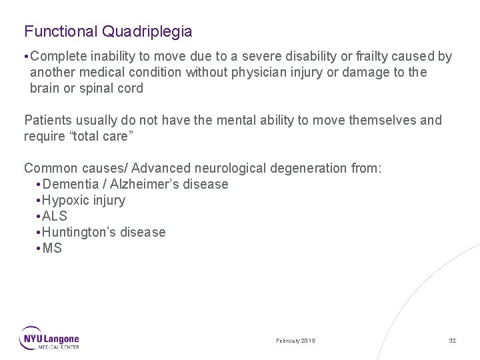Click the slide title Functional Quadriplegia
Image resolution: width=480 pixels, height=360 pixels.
coord(108,31)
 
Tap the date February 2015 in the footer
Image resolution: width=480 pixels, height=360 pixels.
coord(296,341)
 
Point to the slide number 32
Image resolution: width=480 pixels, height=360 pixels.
coord(452,341)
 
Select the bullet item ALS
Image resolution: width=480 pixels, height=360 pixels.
coord(54,216)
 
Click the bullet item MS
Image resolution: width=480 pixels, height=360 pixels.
coord(52,248)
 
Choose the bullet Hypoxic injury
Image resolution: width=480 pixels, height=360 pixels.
coord(83,200)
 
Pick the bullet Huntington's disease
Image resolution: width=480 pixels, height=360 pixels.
coord(103,232)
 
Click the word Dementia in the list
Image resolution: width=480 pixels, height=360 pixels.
coord(71,184)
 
